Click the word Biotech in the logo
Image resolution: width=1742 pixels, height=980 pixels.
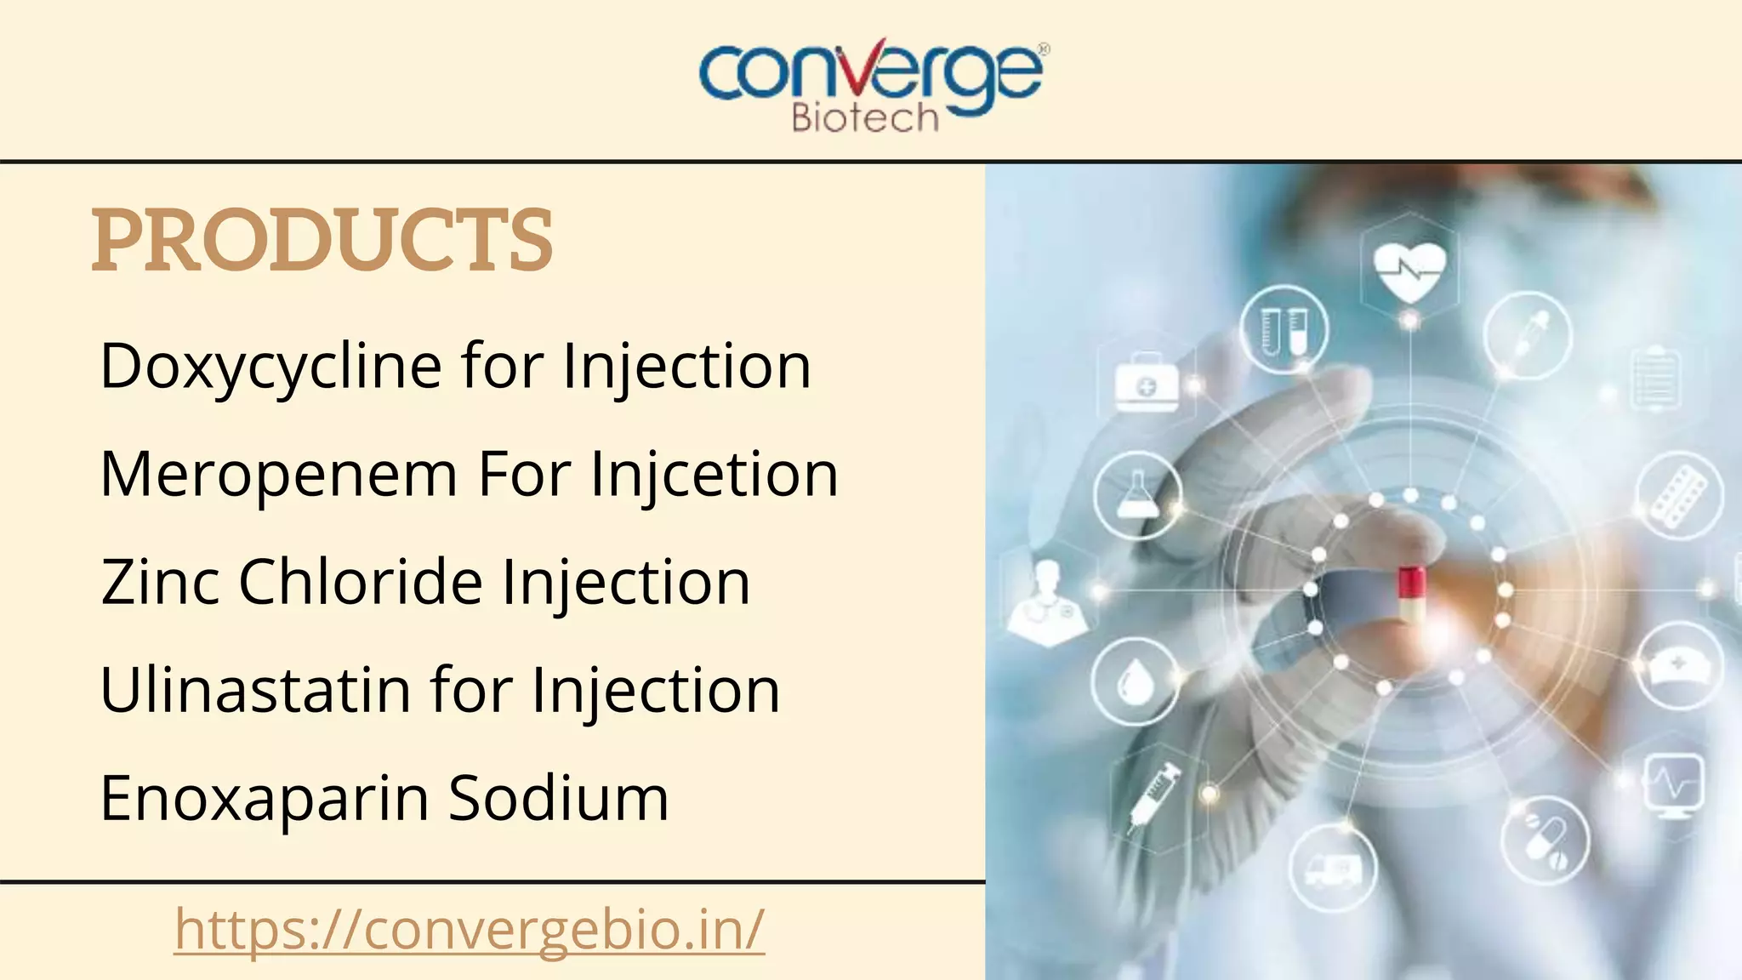coord(864,118)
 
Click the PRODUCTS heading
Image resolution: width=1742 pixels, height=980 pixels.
coord(322,241)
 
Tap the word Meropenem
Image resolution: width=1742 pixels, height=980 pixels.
coord(279,475)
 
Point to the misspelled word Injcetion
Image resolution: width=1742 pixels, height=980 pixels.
coord(714,475)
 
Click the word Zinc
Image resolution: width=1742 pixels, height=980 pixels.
coord(161,583)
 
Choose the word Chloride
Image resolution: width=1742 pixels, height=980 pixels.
coord(361,583)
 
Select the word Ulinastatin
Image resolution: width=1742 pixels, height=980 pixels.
coord(255,690)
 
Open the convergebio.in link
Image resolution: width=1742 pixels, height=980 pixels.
coord(470,929)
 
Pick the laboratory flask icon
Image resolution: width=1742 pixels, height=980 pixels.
coord(1137,494)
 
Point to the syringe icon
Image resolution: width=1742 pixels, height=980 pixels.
coord(1154,795)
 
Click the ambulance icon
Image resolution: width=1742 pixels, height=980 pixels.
coord(1332,869)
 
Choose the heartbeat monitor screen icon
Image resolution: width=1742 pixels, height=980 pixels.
coord(1673,783)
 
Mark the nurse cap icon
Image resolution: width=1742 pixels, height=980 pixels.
coord(1678,666)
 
